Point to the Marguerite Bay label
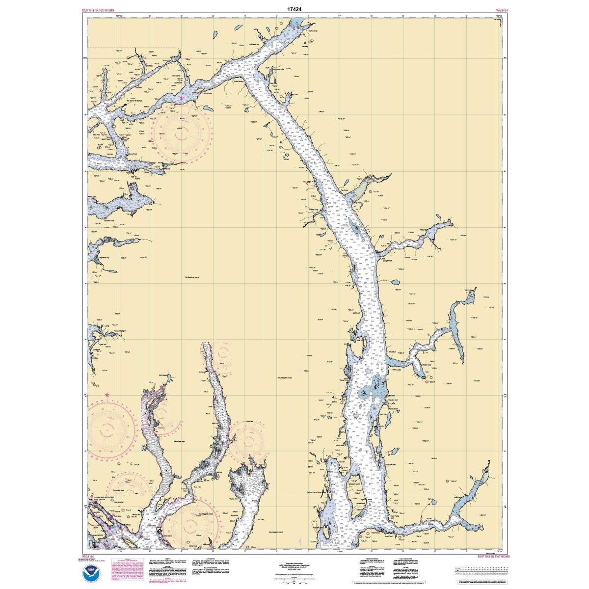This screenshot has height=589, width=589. pyautogui.click(x=100, y=257)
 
